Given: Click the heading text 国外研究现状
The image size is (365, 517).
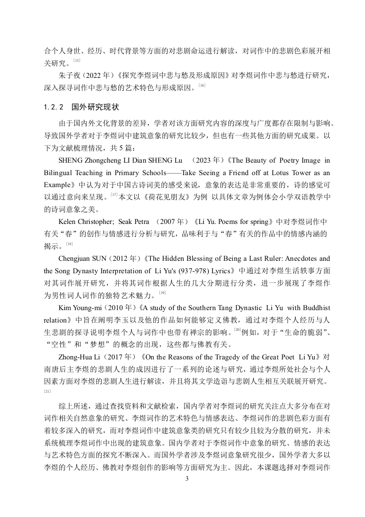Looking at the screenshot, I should pyautogui.click(x=96, y=107).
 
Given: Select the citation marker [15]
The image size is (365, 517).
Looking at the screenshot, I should pyautogui.click(x=76, y=61).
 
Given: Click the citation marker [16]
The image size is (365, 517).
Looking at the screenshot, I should pyautogui.click(x=202, y=85).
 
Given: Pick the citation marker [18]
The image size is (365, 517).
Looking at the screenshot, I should pyautogui.click(x=69, y=244).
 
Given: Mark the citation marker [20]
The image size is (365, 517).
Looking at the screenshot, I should pyautogui.click(x=238, y=329).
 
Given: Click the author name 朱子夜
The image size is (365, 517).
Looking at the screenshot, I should pyautogui.click(x=70, y=75).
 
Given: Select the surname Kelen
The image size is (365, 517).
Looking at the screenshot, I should pyautogui.click(x=69, y=222).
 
